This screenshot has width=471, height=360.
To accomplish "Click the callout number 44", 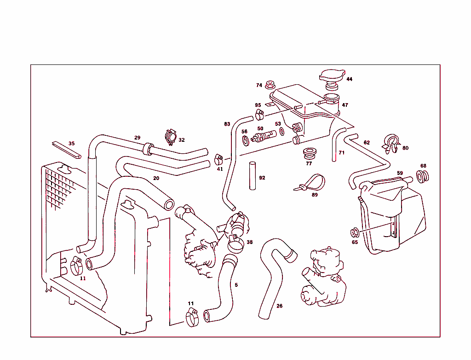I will [x=350, y=79].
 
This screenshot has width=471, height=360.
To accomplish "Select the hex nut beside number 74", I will [x=270, y=85].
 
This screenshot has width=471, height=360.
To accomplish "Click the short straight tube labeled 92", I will [x=253, y=175].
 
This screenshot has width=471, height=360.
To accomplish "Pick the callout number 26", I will [x=280, y=306].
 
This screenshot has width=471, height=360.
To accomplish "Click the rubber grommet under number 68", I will [x=422, y=175].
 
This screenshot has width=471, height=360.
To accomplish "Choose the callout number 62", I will [x=367, y=143].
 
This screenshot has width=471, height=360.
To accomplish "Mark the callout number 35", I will [x=71, y=144].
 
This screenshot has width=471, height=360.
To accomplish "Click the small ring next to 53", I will [x=281, y=133].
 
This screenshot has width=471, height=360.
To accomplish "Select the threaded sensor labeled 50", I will [x=264, y=136].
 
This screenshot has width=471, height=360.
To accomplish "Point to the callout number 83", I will [x=227, y=124].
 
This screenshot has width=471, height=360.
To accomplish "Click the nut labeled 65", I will [x=355, y=232].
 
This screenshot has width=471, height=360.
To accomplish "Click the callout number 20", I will [x=156, y=178].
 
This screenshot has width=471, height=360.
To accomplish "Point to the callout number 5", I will [x=236, y=285].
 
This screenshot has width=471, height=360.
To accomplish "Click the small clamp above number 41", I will [x=218, y=159].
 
